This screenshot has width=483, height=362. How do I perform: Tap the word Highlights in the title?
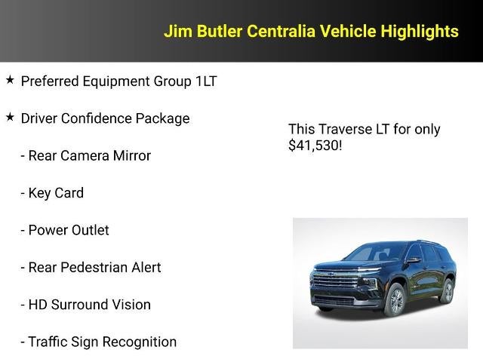click(x=420, y=31)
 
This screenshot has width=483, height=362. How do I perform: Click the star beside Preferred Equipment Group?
click(x=10, y=80)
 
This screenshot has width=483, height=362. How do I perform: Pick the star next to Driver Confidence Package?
click(x=10, y=117)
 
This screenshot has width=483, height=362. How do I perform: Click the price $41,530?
click(x=315, y=145)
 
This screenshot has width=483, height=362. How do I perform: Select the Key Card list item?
click(x=52, y=193)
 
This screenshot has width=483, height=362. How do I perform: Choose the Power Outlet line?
click(x=65, y=230)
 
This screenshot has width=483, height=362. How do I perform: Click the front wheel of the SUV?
click(x=395, y=300)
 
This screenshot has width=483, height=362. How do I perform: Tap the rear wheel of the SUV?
click(x=447, y=290)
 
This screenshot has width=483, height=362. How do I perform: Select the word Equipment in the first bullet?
click(x=114, y=81)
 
